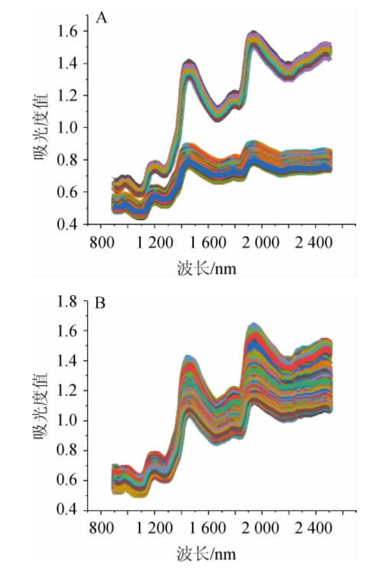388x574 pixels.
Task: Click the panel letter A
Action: [x=102, y=19]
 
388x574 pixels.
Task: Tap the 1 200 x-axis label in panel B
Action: [x=154, y=529]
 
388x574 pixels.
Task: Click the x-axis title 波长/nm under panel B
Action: [x=207, y=554]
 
